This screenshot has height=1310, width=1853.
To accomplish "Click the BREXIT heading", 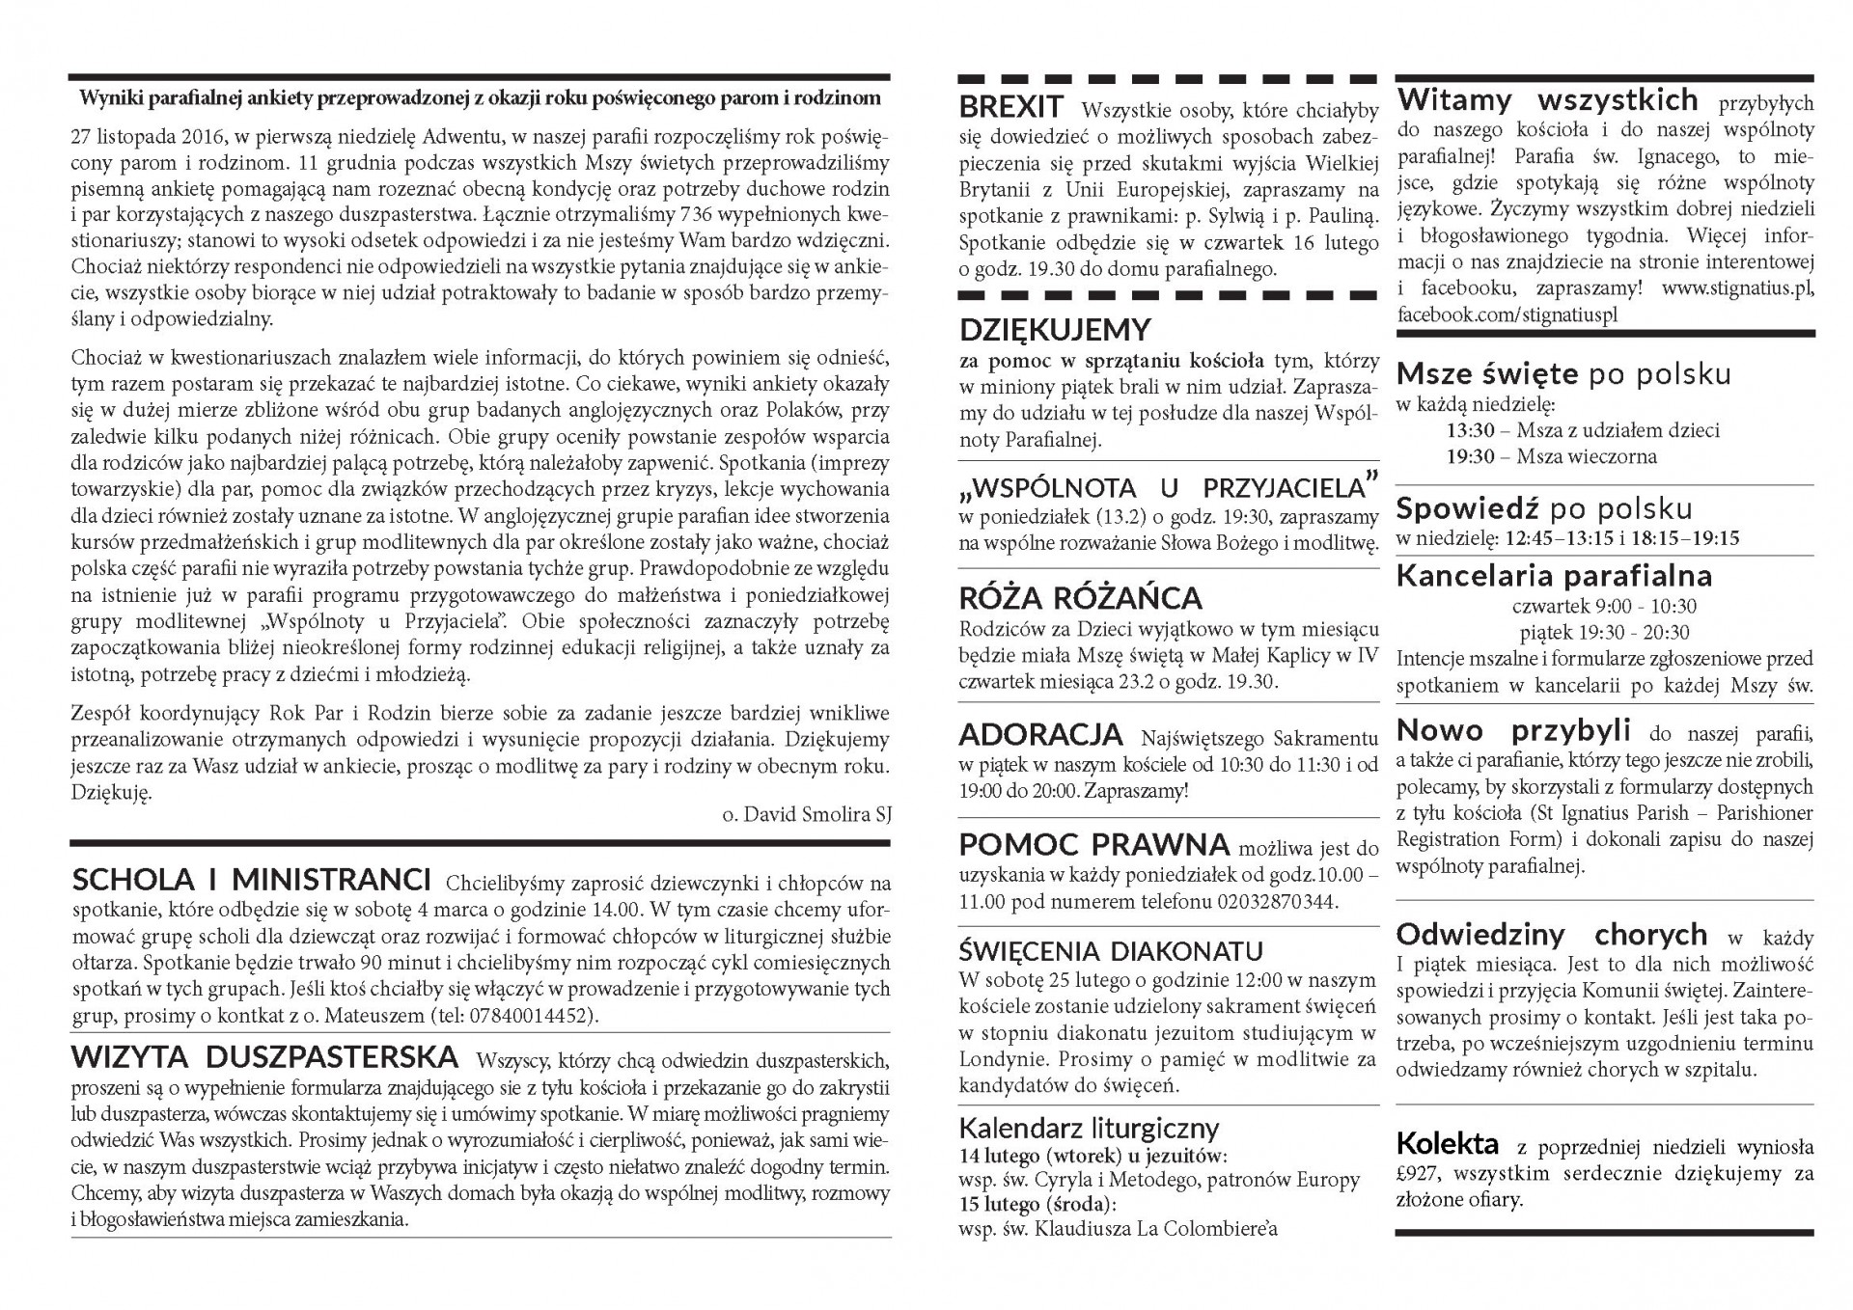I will pyautogui.click(x=1010, y=107).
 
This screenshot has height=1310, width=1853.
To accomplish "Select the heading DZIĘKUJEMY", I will pyautogui.click(x=1055, y=330).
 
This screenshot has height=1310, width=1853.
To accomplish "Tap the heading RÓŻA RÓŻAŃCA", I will pyautogui.click(x=1080, y=598).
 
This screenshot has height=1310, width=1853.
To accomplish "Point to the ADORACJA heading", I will pyautogui.click(x=1040, y=735).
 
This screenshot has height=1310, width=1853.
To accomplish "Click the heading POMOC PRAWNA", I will pyautogui.click(x=1093, y=845).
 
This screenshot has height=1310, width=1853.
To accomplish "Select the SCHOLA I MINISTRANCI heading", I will pyautogui.click(x=252, y=880).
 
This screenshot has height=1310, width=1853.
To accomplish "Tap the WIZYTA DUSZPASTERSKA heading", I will pyautogui.click(x=265, y=1057).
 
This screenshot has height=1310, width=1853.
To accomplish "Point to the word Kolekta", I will pyautogui.click(x=1447, y=1144).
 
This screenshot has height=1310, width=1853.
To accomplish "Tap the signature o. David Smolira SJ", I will pyautogui.click(x=806, y=814).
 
